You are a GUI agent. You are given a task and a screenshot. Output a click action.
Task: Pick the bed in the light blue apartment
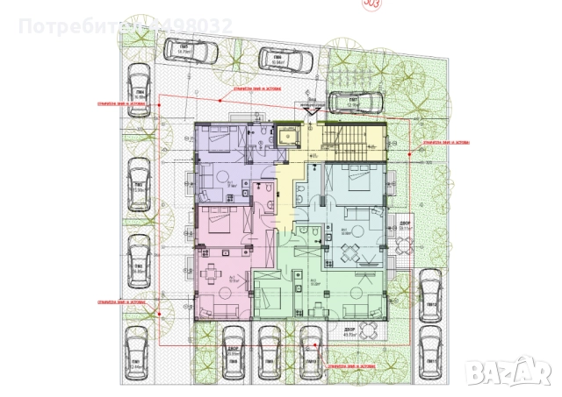pyautogui.click(x=355, y=179)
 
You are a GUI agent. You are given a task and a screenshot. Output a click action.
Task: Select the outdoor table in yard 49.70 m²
pyautogui.click(x=370, y=329)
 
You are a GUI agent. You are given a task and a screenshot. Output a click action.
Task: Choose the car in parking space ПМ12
pyautogui.click(x=429, y=291)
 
